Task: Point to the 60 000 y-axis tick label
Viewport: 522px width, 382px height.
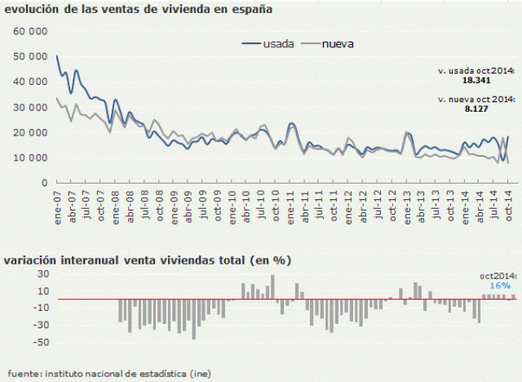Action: (x=29, y=30)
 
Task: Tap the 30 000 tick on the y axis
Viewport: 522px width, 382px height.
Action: (x=29, y=107)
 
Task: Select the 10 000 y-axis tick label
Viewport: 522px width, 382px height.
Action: (x=29, y=158)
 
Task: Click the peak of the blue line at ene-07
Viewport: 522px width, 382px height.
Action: (x=56, y=56)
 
